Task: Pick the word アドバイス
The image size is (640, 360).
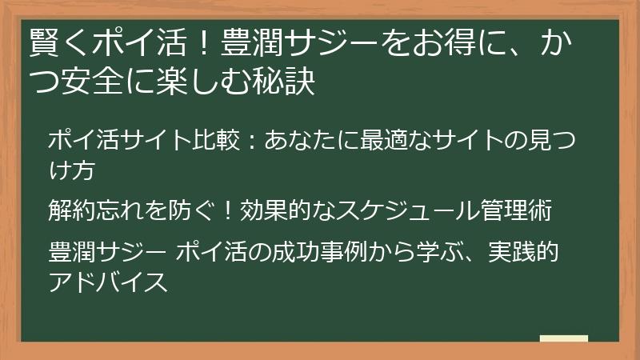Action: click(x=108, y=282)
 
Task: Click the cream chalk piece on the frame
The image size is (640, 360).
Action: click(x=564, y=339)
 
